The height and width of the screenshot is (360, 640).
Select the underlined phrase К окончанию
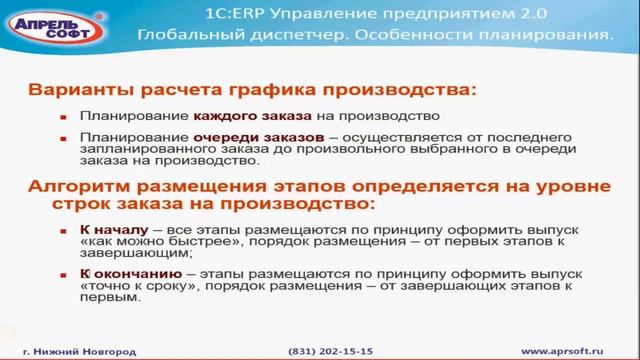(123, 272)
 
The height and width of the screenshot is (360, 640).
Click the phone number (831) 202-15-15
(329, 352)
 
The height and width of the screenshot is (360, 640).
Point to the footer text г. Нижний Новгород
(79, 352)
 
